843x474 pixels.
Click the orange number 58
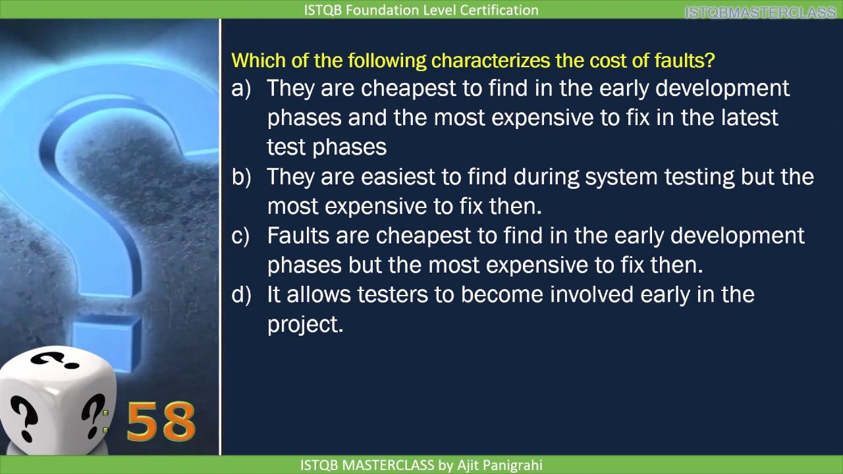point(161,421)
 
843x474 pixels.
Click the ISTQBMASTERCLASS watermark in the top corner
point(760,13)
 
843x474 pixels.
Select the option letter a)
point(241,88)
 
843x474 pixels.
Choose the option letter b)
point(241,177)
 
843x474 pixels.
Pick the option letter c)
point(241,236)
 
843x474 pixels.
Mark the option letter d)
point(241,294)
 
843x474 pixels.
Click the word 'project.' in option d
point(305,324)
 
